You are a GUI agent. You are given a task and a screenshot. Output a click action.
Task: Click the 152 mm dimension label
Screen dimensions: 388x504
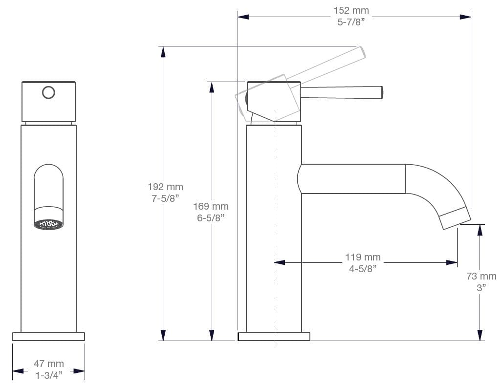pyautogui.click(x=351, y=10)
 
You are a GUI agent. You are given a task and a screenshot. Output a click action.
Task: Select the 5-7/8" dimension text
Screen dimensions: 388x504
pyautogui.click(x=351, y=22)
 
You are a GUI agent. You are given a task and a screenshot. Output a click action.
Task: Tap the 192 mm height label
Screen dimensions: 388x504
pyautogui.click(x=165, y=187)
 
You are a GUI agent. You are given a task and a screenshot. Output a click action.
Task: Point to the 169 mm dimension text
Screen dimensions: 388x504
pyautogui.click(x=211, y=206)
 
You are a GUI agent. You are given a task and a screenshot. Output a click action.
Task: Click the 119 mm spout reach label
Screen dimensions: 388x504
pyautogui.click(x=362, y=257)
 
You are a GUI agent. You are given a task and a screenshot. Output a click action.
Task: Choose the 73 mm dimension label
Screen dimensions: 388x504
pyautogui.click(x=481, y=277)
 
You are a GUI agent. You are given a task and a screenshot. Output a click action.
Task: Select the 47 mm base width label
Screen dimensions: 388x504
pyautogui.click(x=48, y=364)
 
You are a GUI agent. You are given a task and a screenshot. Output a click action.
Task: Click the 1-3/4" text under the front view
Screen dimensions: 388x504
pyautogui.click(x=48, y=375)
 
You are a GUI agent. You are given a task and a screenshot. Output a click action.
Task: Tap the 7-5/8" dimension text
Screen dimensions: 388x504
pyautogui.click(x=165, y=198)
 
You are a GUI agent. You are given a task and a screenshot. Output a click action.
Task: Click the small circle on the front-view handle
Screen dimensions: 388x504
pyautogui.click(x=48, y=92)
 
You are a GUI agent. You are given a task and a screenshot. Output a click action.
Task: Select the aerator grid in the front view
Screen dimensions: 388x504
pyautogui.click(x=49, y=224)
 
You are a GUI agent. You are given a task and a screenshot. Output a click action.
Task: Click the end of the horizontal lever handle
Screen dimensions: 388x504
pyautogui.click(x=380, y=92)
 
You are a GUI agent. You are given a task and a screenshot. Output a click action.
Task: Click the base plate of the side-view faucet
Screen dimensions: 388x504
pyautogui.click(x=274, y=336)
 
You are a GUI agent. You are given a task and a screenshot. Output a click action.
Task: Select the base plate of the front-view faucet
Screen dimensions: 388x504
pyautogui.click(x=48, y=336)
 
